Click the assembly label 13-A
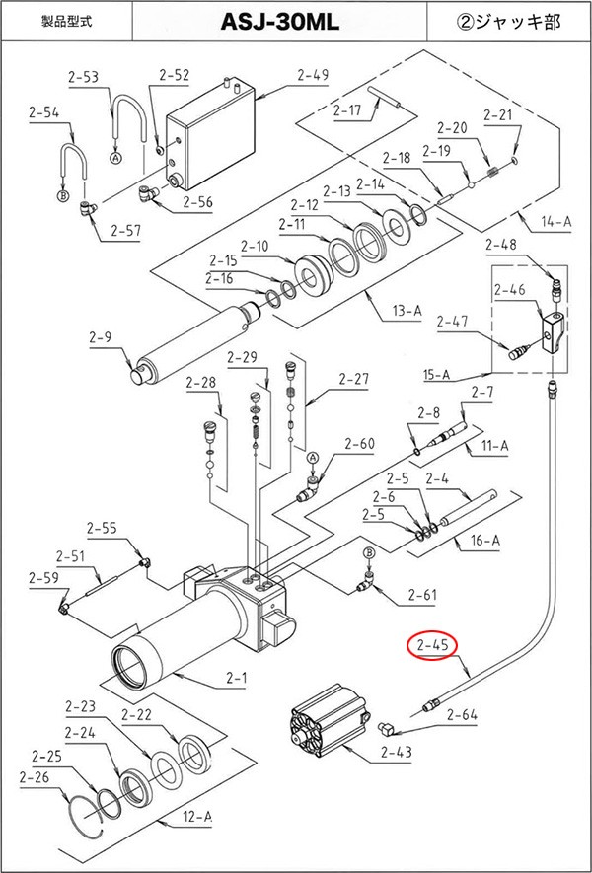pos(407,312)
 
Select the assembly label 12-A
pos(197,817)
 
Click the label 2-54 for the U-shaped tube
pos(44,113)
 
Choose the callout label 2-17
pos(348,109)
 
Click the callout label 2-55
pos(102,528)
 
